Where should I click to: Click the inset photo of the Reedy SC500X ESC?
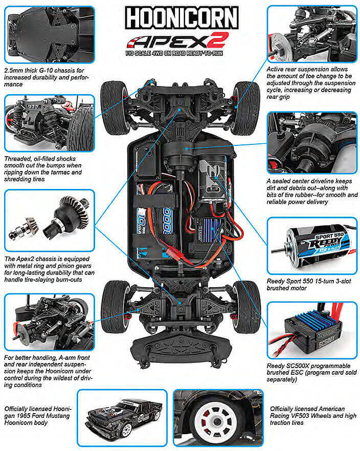pyautogui.click(x=311, y=329)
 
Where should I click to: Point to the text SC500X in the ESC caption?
pyautogui.click(x=301, y=366)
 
